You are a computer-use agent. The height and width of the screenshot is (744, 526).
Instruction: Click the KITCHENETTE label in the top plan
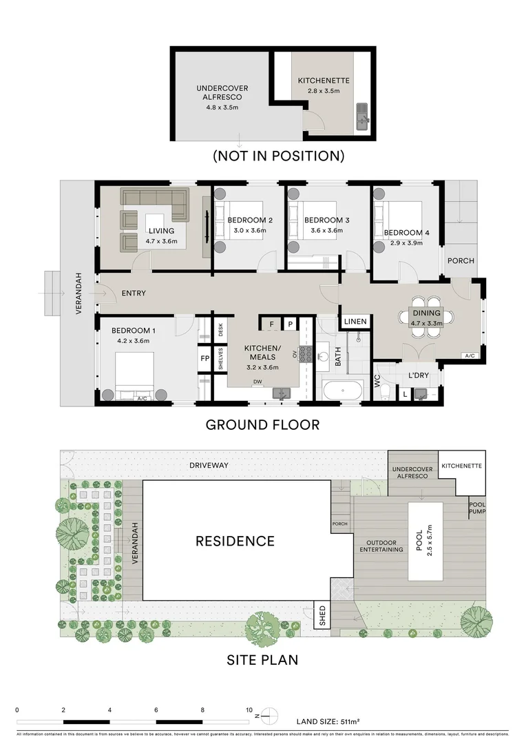324,81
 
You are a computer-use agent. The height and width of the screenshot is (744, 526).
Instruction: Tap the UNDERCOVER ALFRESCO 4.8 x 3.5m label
222,93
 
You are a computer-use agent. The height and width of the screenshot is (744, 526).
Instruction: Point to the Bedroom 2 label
250,220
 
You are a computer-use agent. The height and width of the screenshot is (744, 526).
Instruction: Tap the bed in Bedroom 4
396,220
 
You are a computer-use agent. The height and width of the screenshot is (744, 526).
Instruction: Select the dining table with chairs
426,317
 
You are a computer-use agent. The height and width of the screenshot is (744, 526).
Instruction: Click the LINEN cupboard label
355,322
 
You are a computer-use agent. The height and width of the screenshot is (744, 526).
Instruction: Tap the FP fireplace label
204,359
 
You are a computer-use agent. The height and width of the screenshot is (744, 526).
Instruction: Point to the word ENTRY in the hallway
134,293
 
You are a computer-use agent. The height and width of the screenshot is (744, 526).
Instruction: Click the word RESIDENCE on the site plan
235,541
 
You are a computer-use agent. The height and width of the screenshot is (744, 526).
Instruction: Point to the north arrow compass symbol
273,714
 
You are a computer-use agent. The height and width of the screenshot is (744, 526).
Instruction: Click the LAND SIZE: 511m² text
327,722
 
